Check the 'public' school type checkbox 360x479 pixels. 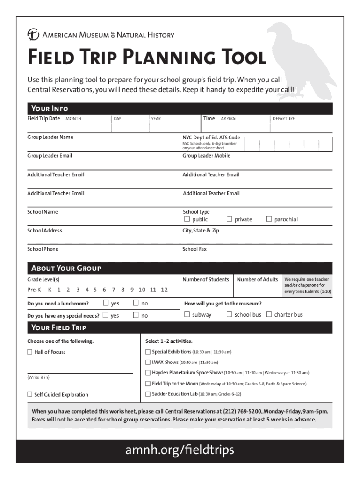[x=187, y=219]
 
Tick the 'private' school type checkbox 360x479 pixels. [x=230, y=219]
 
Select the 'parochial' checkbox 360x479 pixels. [x=269, y=219]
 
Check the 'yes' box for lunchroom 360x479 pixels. [x=106, y=303]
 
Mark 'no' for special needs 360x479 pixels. [x=136, y=315]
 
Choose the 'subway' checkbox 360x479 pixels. [x=187, y=314]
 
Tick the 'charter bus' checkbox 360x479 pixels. [x=269, y=314]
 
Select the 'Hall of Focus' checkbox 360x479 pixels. [x=30, y=352]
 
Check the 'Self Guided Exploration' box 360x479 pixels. [x=30, y=394]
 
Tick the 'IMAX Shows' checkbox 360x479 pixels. [x=148, y=362]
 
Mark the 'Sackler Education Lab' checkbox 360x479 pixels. [x=148, y=394]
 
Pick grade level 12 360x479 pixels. [x=164, y=290]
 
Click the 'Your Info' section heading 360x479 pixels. [x=49, y=109]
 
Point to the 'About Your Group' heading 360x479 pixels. [x=66, y=268]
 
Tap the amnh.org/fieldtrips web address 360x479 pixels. [x=180, y=450]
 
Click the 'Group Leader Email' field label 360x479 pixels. [x=50, y=156]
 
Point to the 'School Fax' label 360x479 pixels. [x=194, y=249]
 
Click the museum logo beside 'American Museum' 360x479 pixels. [x=33, y=35]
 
